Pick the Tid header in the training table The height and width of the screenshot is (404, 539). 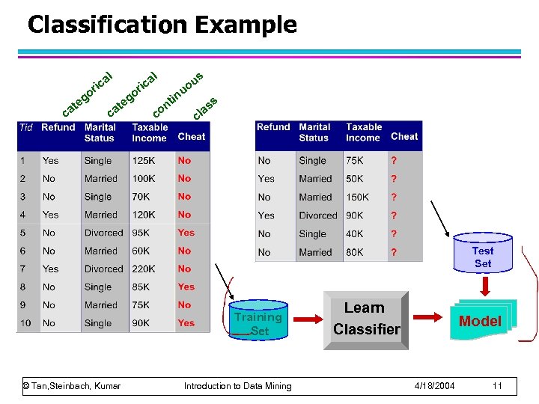pyautogui.click(x=25, y=127)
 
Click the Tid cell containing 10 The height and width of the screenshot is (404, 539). pyautogui.click(x=26, y=323)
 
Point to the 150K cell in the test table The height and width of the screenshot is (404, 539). pyautogui.click(x=357, y=198)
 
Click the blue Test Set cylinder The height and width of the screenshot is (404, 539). pyautogui.click(x=483, y=257)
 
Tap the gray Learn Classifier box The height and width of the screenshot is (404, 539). pyautogui.click(x=366, y=319)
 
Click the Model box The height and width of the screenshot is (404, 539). pyautogui.click(x=479, y=321)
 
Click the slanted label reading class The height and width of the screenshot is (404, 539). pyautogui.click(x=205, y=108)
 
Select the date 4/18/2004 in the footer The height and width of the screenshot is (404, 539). pyautogui.click(x=436, y=386)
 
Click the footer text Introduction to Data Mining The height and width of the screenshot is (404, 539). pyautogui.click(x=238, y=386)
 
